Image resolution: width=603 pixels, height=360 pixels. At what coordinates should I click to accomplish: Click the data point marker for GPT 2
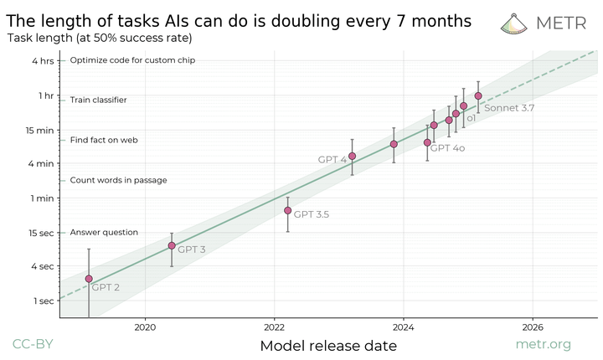[x=89, y=279]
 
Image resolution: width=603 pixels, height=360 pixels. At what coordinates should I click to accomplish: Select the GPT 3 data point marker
[x=172, y=245]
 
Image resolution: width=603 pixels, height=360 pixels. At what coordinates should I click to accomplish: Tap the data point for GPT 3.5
[x=288, y=210]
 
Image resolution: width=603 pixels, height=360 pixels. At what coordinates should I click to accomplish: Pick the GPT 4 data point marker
[x=353, y=156]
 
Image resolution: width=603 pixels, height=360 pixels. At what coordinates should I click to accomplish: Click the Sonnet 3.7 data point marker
[x=478, y=95]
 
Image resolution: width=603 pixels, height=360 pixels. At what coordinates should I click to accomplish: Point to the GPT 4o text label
[x=447, y=147]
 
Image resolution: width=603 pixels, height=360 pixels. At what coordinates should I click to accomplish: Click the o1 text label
[x=472, y=119]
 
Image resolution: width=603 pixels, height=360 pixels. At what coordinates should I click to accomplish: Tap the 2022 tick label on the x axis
[x=275, y=327]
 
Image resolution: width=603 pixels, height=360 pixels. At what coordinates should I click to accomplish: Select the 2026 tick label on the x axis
[x=533, y=327]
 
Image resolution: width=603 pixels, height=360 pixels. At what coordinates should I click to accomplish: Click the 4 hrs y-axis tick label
[x=43, y=60]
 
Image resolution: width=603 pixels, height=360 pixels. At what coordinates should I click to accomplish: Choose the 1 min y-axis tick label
[x=42, y=198]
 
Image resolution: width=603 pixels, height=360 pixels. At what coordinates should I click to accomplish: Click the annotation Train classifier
[x=98, y=100]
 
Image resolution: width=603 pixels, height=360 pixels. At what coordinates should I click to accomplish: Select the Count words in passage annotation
[x=118, y=180]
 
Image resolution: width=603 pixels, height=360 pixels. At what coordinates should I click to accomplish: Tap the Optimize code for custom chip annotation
[x=132, y=60]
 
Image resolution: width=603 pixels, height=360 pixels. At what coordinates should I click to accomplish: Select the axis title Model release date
[x=327, y=345]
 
